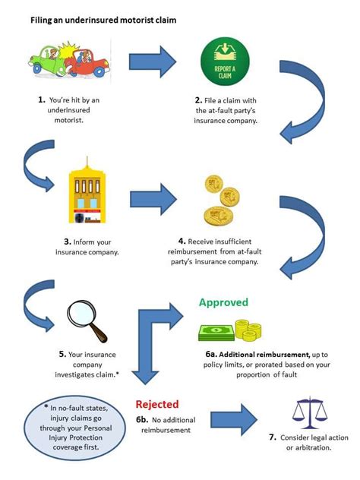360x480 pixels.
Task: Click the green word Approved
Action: (223, 302)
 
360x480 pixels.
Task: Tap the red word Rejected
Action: (157, 405)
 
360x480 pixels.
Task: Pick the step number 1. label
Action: (41, 99)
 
